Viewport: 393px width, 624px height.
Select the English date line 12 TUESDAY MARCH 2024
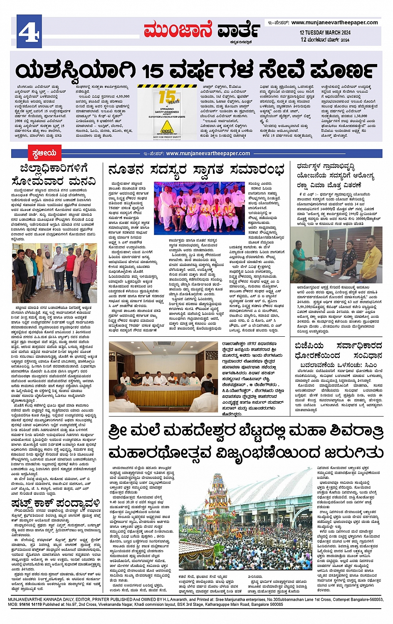tap(325, 32)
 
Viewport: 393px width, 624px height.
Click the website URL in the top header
tap(334, 22)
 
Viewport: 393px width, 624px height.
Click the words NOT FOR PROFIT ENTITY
tap(167, 137)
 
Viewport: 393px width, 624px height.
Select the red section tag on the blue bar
tap(44, 153)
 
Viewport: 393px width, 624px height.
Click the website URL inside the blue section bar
tap(208, 153)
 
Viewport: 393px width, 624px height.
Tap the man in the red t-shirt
tap(71, 269)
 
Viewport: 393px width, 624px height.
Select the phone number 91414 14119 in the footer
tap(30, 604)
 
